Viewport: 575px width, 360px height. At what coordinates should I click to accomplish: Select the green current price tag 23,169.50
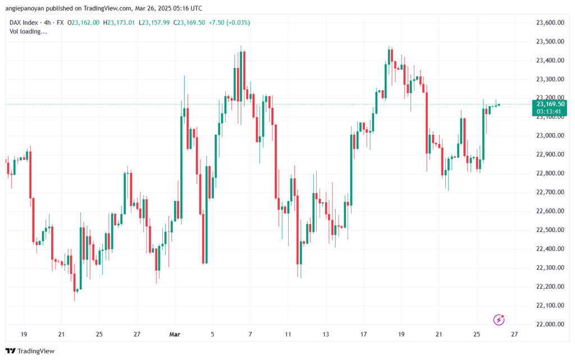[550, 104]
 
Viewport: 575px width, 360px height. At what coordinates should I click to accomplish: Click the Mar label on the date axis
[175, 334]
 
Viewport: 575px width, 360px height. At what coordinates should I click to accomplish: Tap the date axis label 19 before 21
[24, 334]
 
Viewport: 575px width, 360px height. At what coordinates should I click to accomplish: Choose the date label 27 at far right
[514, 334]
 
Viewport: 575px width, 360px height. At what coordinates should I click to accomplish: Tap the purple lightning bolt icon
[499, 320]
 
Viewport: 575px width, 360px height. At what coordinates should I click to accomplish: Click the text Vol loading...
[29, 31]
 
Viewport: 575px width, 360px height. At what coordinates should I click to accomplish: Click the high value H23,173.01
[118, 22]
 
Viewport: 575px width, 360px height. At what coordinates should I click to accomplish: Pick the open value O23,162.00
[84, 22]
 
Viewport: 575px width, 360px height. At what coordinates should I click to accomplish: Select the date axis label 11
[287, 334]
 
